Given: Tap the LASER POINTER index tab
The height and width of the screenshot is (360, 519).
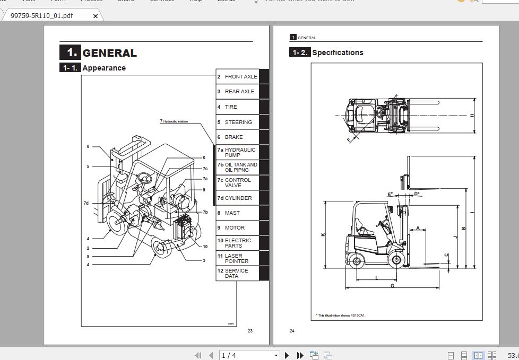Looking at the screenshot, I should coord(237,258).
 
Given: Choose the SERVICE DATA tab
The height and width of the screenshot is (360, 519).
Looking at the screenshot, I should coord(237,273).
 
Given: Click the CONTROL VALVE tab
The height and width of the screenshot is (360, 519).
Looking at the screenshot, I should coord(237,182).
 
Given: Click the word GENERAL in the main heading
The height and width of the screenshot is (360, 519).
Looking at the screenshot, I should coord(109,53).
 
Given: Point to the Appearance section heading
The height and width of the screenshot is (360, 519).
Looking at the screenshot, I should coord(104,68).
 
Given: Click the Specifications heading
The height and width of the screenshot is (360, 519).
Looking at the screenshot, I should coord(338,52).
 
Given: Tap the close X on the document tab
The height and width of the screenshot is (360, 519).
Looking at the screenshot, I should coord(96,16).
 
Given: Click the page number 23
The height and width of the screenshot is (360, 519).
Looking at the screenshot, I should coord(250,331).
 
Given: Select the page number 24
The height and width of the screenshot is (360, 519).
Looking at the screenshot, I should coord(292,331).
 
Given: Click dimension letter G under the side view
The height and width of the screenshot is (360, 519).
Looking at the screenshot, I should coord(392,286).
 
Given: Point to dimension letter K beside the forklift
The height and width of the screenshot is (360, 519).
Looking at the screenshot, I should coord(323,234).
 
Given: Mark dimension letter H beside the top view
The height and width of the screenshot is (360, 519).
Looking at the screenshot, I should coord(472,116).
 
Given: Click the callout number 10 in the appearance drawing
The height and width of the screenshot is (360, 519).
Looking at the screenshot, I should coord(205,247).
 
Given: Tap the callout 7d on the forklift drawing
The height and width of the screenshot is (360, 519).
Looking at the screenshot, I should coord(86,203).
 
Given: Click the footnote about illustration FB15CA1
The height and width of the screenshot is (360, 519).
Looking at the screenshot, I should coord(341,315).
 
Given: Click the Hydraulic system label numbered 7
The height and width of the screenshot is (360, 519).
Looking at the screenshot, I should coord(174,121).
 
